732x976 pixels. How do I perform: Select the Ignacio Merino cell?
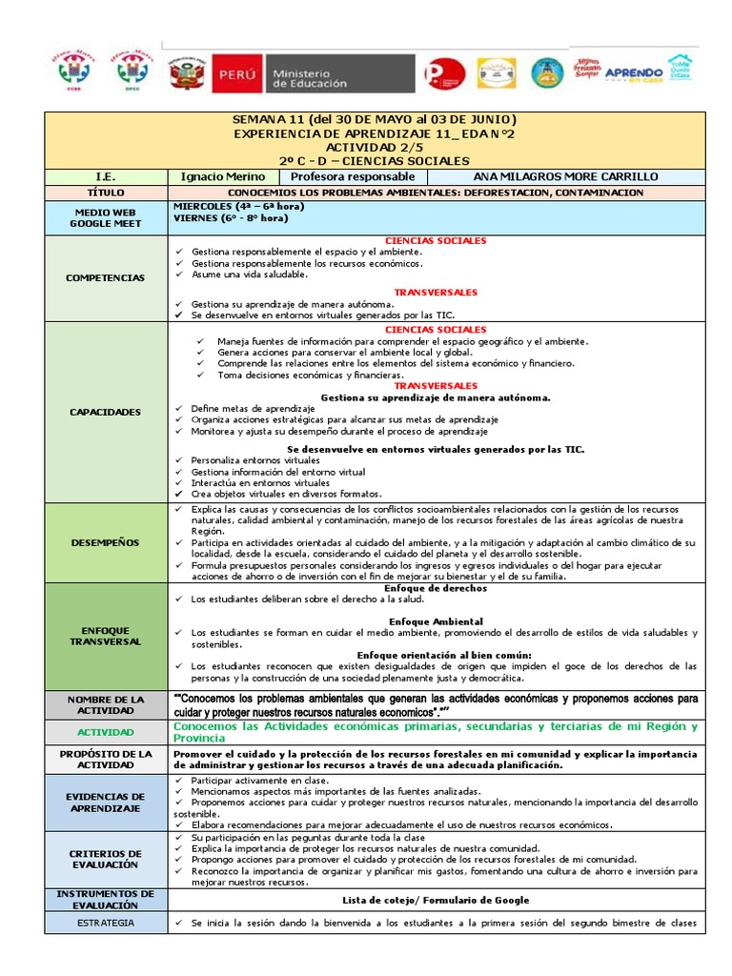(223, 176)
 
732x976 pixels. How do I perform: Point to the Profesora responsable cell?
(353, 176)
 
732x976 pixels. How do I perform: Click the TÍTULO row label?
(105, 193)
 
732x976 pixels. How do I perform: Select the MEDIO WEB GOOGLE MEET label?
(105, 217)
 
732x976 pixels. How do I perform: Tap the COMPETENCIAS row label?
(105, 277)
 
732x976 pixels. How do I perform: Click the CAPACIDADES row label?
(105, 412)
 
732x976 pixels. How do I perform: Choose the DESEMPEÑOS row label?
(105, 542)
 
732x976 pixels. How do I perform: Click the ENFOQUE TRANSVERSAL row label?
(105, 636)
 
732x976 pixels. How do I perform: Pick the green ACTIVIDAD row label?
(105, 732)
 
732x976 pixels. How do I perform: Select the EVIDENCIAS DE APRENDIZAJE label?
(105, 802)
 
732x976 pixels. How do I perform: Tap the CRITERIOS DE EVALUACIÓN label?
(105, 859)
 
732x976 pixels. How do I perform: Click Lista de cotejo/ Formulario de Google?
(436, 900)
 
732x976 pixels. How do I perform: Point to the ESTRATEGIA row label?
(105, 923)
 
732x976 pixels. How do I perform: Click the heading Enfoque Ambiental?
(436, 621)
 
